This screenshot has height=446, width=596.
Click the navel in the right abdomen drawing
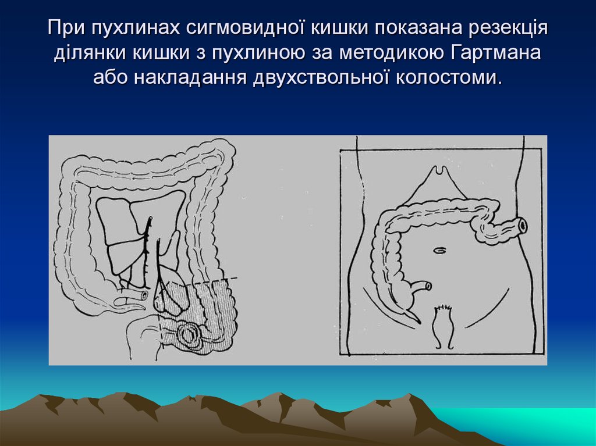click(x=441, y=250)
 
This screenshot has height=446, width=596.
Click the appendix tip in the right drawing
click(x=416, y=320)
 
